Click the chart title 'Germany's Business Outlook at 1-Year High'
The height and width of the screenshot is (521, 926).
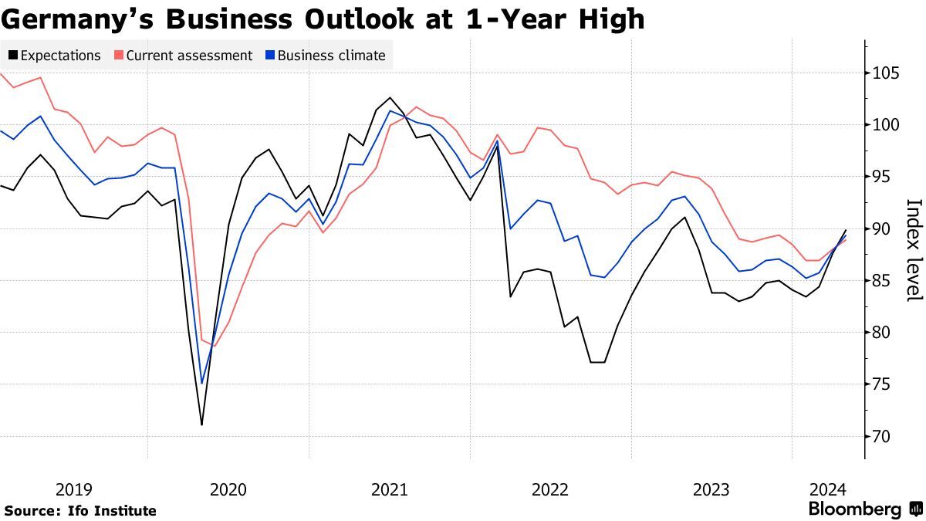[x=323, y=19]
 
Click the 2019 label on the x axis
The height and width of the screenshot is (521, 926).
[x=74, y=489]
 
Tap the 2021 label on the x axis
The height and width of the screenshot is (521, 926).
[x=390, y=489]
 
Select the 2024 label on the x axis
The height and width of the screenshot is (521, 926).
[x=828, y=489]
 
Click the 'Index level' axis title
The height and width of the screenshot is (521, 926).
[x=914, y=251]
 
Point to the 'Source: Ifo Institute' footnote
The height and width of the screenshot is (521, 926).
[x=80, y=511]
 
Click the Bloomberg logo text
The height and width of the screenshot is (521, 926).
[x=854, y=509]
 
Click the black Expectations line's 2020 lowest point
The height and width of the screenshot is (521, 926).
[x=201, y=425]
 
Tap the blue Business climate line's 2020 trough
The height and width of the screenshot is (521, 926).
[x=202, y=384]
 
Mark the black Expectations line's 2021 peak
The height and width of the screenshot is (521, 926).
[x=390, y=98]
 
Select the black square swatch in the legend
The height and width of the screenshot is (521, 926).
[x=13, y=56]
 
